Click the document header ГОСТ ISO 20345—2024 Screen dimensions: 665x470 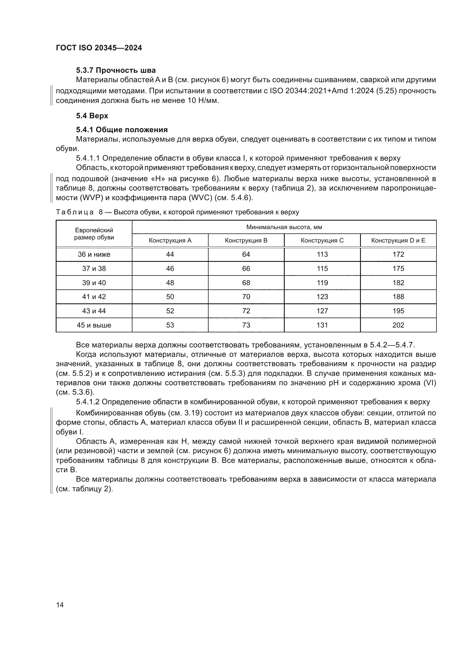pyautogui.click(x=99, y=48)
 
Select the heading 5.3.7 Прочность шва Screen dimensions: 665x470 pyautogui.click(x=116, y=71)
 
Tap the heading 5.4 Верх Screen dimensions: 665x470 pyautogui.click(x=92, y=116)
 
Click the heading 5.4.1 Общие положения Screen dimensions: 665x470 pyautogui.click(x=122, y=129)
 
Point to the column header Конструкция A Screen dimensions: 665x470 pyautogui.click(x=170, y=241)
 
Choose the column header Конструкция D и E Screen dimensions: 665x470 pyautogui.click(x=398, y=241)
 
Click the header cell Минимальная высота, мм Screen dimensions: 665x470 pyautogui.click(x=284, y=227)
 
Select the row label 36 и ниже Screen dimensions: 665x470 pyautogui.click(x=94, y=254)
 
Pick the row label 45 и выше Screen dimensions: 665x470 pyautogui.click(x=94, y=325)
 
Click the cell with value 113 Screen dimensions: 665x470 pyautogui.click(x=322, y=254)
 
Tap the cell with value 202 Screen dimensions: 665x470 pyautogui.click(x=398, y=325)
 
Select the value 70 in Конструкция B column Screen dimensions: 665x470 pyautogui.click(x=246, y=297)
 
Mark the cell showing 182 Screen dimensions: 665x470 pyautogui.click(x=398, y=283)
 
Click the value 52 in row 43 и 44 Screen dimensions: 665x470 pyautogui.click(x=170, y=311)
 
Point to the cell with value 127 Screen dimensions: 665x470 pyautogui.click(x=322, y=311)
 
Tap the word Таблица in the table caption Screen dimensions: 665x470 pyautogui.click(x=75, y=212)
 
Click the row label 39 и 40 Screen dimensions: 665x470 pyautogui.click(x=94, y=283)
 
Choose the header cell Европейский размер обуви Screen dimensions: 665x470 pyautogui.click(x=94, y=234)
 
